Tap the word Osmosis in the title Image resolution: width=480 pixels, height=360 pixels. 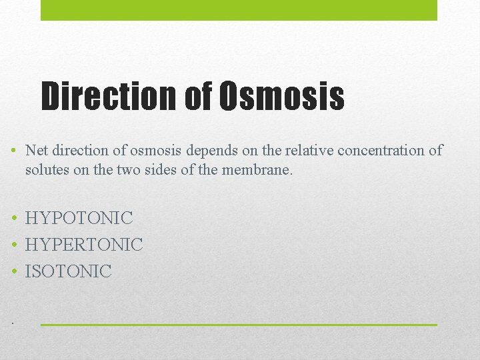pos(281,97)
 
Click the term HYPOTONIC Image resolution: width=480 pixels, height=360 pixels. pos(79,218)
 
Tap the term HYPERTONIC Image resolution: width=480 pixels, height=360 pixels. pos(84,245)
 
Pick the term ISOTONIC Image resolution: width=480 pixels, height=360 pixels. pos(69,271)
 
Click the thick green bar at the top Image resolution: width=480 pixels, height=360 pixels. pos(239,10)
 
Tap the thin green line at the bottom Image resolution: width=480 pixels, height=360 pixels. pos(239,325)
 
